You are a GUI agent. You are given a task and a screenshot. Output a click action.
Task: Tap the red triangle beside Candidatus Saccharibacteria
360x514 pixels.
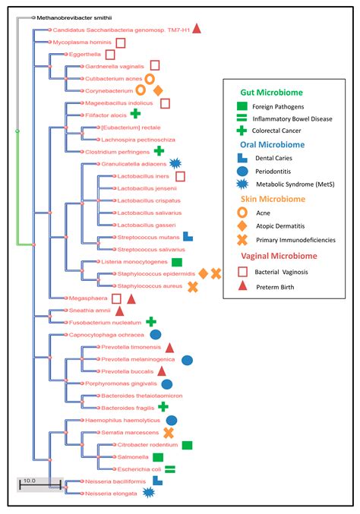196,29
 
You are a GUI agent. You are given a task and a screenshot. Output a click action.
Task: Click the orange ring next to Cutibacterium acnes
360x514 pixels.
150,78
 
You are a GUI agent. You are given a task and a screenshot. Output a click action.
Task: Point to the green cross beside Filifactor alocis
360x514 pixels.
136,114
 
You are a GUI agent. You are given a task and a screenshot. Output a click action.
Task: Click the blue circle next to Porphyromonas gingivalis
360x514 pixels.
166,384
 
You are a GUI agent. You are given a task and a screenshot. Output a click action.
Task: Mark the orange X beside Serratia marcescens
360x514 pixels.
169,433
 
